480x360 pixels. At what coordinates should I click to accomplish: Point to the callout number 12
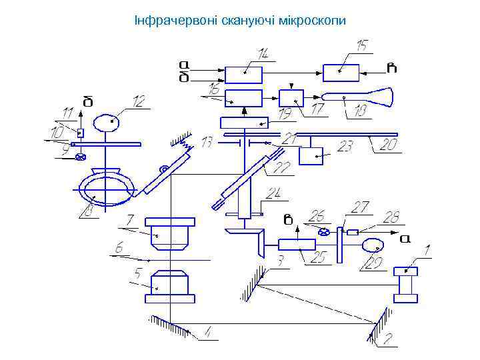click(139, 101)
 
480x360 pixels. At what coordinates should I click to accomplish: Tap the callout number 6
click(119, 247)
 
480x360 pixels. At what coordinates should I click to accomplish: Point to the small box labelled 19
click(291, 97)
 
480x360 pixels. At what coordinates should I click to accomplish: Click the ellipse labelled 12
click(107, 123)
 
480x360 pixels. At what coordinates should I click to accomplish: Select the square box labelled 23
click(311, 155)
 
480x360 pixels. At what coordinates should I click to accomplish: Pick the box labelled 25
click(297, 244)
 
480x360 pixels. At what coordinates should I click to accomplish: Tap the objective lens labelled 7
click(172, 233)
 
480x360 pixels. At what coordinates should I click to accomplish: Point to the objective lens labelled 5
click(171, 285)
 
